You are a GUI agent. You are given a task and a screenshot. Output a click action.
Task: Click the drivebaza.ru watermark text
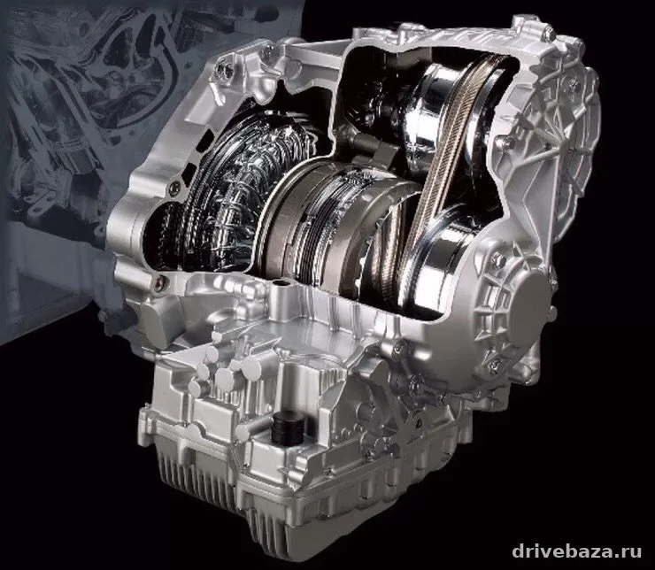tap(576, 551)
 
